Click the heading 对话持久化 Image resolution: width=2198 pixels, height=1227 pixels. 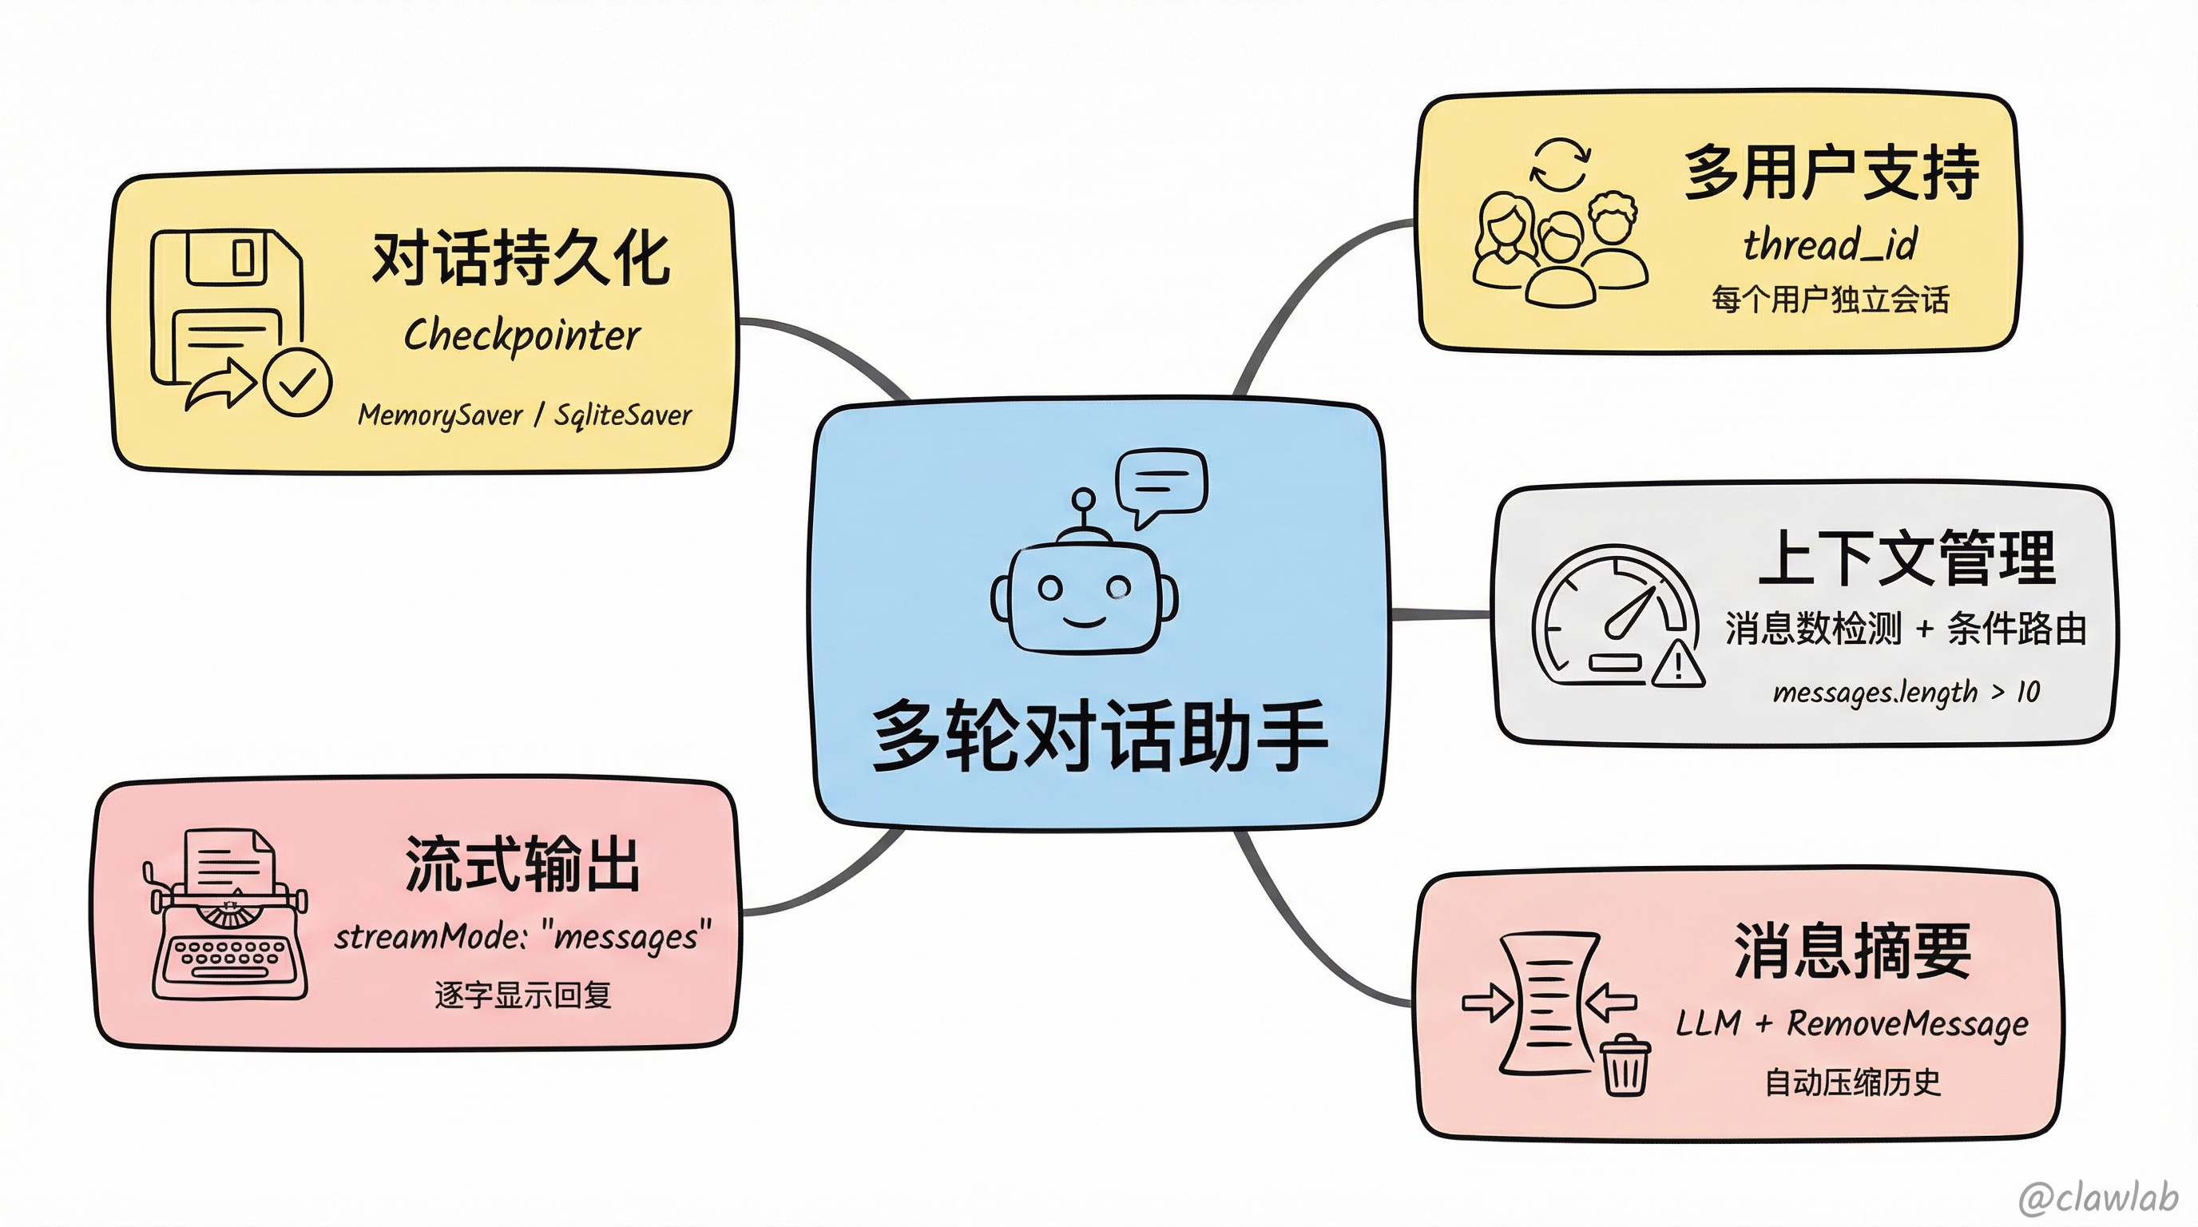[x=521, y=258]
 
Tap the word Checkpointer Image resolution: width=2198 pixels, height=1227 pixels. [x=522, y=336]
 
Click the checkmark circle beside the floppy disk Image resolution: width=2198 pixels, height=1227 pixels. [x=297, y=381]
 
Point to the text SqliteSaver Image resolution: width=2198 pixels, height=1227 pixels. [x=623, y=415]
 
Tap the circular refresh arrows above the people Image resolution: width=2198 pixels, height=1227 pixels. [x=1560, y=165]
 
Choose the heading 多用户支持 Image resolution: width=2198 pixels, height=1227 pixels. [x=1831, y=173]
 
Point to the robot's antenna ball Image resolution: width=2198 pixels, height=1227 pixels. [x=1084, y=499]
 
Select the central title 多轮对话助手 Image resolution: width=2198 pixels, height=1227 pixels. [x=1100, y=736]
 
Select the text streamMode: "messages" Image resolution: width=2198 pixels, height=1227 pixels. [x=522, y=936]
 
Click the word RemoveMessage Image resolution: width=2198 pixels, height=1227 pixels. [x=1907, y=1023]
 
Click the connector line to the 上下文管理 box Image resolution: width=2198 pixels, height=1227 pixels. [x=1440, y=613]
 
